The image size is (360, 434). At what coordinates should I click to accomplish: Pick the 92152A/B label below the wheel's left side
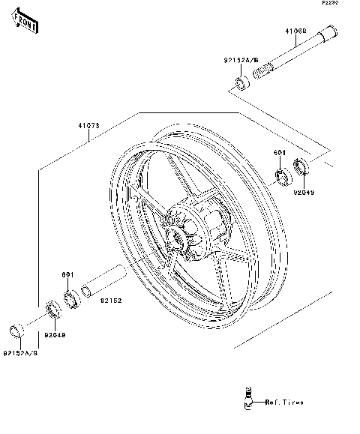20,352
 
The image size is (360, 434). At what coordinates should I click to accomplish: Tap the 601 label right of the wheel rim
279,154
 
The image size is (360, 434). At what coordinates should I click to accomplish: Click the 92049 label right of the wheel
304,192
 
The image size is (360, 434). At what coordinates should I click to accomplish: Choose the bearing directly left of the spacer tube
71,299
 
